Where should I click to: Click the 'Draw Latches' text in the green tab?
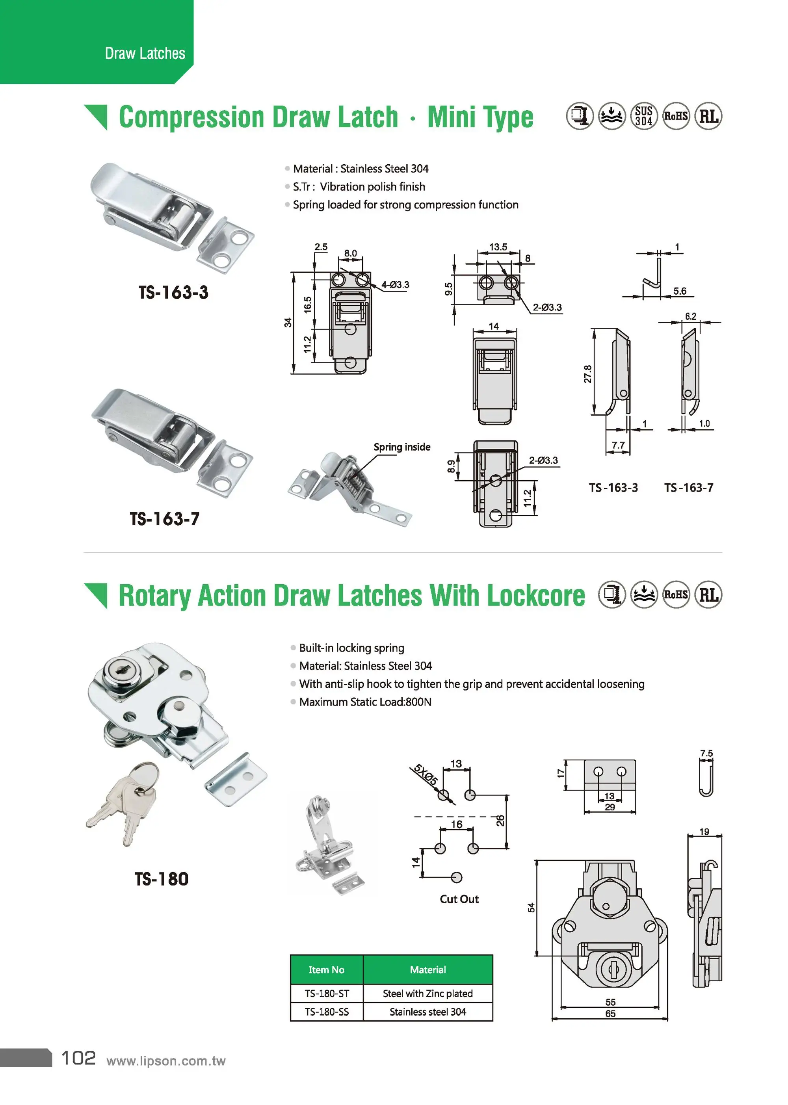tap(145, 53)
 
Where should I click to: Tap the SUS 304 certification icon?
tap(644, 116)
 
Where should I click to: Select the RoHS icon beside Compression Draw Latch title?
tap(676, 116)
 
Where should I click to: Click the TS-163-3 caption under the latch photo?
tap(173, 292)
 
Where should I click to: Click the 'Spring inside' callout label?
tap(402, 447)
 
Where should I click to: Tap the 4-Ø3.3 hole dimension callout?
tap(395, 285)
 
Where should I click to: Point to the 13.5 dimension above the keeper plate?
tap(498, 247)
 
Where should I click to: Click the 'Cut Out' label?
tap(459, 899)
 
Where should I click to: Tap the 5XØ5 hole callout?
tap(426, 774)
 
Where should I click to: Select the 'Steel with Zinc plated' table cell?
tap(427, 994)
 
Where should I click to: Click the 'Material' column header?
tap(427, 969)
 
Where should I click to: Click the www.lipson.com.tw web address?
tap(166, 1061)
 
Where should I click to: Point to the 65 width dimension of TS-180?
tap(610, 1013)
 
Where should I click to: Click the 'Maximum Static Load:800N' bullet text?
tap(365, 702)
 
